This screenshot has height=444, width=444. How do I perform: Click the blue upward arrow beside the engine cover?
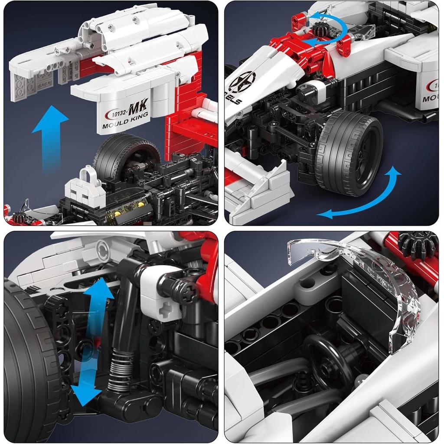coord(50,134)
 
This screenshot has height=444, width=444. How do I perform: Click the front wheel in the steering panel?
coord(349,152)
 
